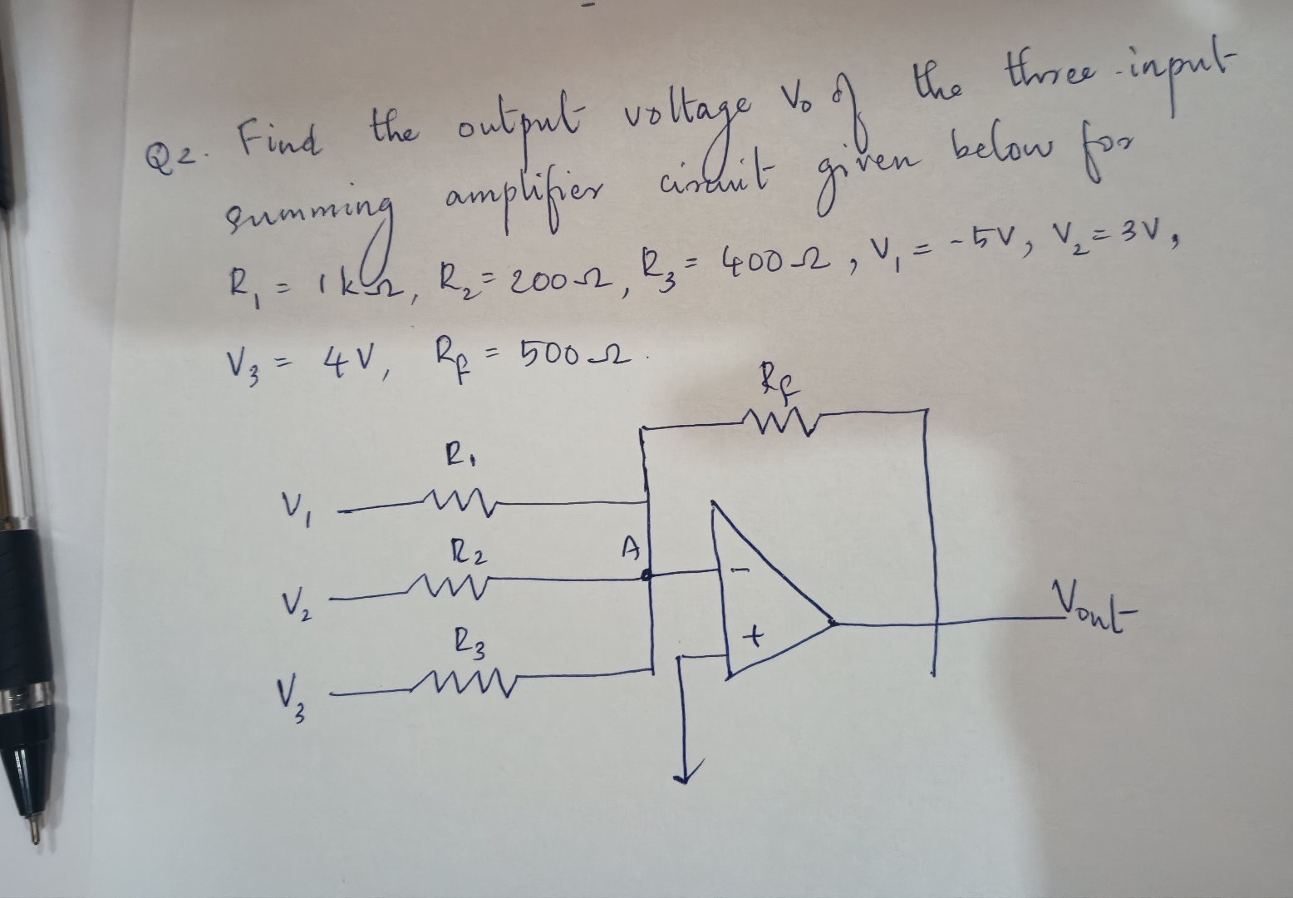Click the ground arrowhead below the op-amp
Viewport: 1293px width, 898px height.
click(x=686, y=772)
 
